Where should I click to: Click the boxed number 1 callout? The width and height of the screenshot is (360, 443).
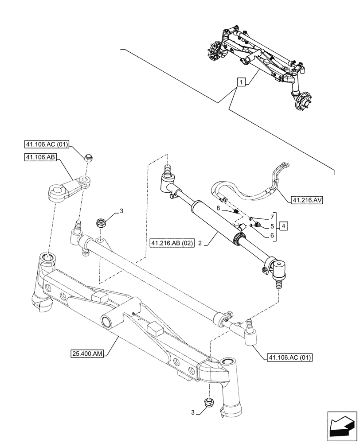coord(240,82)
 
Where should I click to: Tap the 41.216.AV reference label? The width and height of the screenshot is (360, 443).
coord(307,200)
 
